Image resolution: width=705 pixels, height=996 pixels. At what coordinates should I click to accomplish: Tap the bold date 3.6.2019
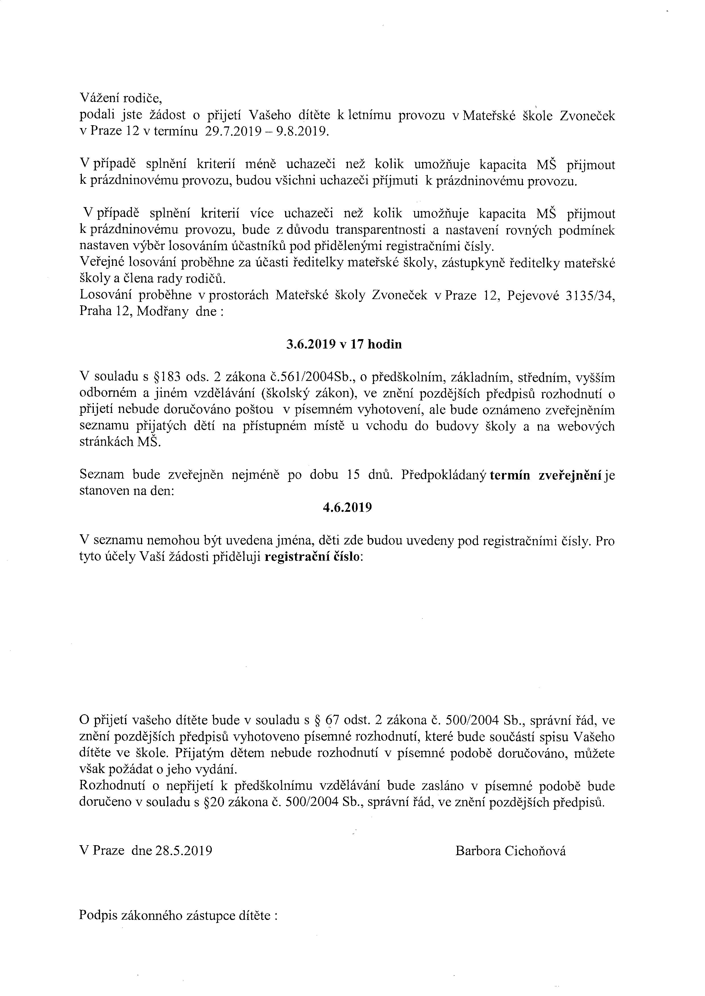click(x=311, y=344)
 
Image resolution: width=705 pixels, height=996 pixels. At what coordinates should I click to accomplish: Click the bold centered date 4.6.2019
click(x=347, y=508)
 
